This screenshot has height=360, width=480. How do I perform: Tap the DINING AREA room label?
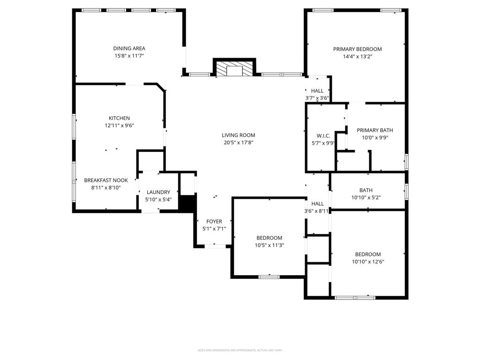tap(129, 48)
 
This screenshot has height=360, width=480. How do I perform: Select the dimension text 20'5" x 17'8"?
tap(239, 142)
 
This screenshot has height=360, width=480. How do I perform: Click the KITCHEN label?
tap(119, 118)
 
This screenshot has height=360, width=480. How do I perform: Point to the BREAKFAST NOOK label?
tap(106, 180)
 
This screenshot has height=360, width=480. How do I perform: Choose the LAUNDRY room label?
tap(158, 192)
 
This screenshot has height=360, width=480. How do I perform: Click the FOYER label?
tap(214, 222)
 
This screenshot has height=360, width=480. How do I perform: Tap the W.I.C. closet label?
tap(323, 136)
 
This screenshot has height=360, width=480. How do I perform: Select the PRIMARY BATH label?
tap(375, 130)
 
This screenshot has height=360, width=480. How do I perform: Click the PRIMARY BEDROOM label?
tap(357, 49)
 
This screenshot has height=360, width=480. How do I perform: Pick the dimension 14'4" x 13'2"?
tap(357, 56)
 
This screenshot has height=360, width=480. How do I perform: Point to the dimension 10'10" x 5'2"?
tap(366, 197)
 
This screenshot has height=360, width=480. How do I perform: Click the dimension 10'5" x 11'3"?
tap(269, 245)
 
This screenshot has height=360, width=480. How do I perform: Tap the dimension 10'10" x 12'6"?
tap(367, 262)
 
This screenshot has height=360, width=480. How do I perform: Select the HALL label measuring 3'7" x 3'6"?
tap(317, 91)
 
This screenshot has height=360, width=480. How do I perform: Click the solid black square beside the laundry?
tap(187, 204)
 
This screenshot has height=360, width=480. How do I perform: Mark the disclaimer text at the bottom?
tap(240, 350)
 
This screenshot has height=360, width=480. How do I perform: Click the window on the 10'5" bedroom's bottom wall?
tap(269, 277)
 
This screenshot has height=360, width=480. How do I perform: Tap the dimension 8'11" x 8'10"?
tap(105, 187)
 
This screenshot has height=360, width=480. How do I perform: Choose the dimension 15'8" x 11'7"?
tap(129, 56)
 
